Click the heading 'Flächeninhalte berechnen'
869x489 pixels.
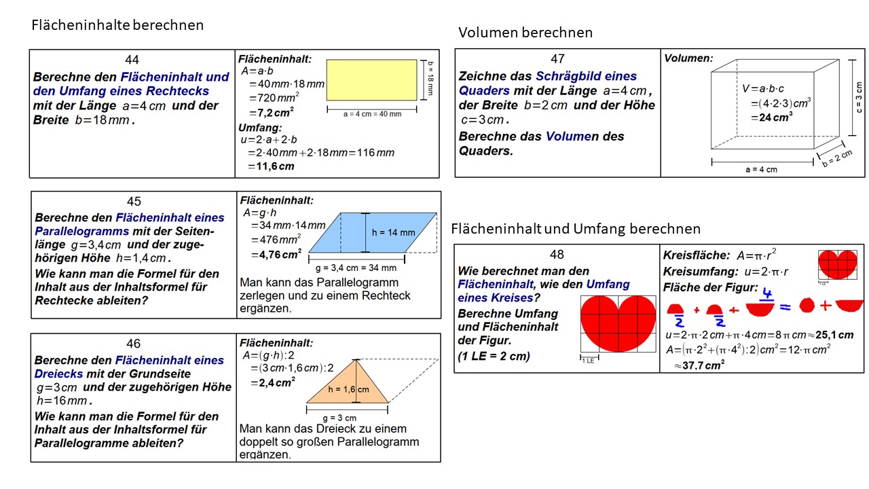point(117,25)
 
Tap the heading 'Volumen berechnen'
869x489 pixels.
point(525,33)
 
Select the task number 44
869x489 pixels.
point(132,60)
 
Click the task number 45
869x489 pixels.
point(134,201)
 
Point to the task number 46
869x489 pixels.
point(134,344)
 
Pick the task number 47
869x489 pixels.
point(557,59)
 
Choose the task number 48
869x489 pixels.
point(557,255)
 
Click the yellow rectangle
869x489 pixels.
point(371,78)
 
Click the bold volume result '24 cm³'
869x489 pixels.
point(772,116)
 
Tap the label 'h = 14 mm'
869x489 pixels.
point(393,232)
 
